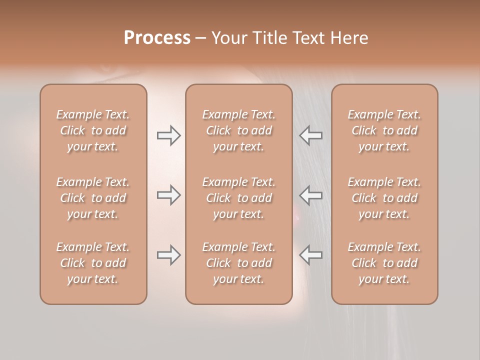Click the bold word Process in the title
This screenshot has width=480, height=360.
tap(157, 38)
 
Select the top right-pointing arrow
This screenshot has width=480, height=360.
tap(169, 135)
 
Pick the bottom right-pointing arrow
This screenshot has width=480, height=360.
tap(169, 255)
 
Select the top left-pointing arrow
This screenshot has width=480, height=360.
tap(311, 135)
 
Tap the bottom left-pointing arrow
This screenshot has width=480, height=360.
tap(311, 255)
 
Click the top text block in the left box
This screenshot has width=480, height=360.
tap(93, 130)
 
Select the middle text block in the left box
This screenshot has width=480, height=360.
tap(93, 198)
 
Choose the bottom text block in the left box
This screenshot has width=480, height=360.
tap(93, 263)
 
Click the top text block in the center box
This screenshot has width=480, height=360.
tap(238, 130)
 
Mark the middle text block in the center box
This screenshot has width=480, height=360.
tap(238, 198)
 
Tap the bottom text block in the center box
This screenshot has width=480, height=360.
tap(238, 263)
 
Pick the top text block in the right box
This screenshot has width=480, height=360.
tap(384, 130)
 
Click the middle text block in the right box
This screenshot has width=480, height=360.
tap(384, 198)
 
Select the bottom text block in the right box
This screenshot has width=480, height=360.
tap(384, 263)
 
